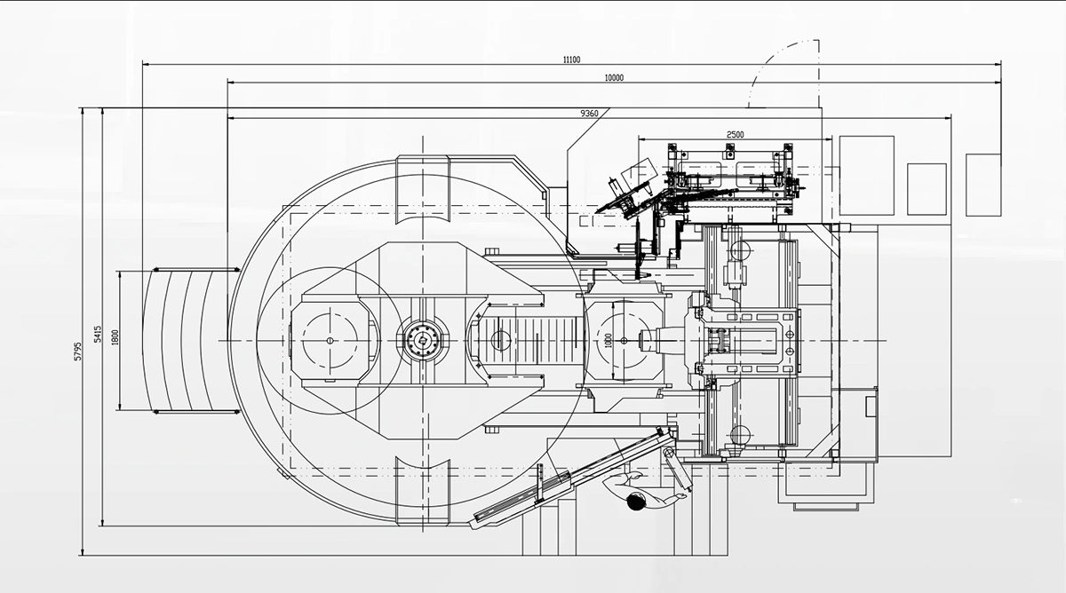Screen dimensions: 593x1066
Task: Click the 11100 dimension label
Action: click(x=571, y=59)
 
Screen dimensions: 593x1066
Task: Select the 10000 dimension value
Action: click(x=614, y=77)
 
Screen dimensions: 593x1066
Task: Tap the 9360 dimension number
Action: click(x=589, y=113)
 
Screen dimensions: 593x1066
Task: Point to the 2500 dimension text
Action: click(x=735, y=134)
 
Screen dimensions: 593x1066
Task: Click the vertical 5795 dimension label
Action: click(x=78, y=350)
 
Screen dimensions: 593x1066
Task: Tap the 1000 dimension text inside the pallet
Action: click(x=609, y=341)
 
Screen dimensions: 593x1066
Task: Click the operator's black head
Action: click(x=636, y=503)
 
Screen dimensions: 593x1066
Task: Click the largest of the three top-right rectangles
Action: click(x=866, y=175)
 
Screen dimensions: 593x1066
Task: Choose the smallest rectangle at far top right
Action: click(x=982, y=183)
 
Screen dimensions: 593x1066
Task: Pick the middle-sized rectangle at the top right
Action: click(x=927, y=188)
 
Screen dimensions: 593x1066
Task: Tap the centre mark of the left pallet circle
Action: click(x=328, y=341)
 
